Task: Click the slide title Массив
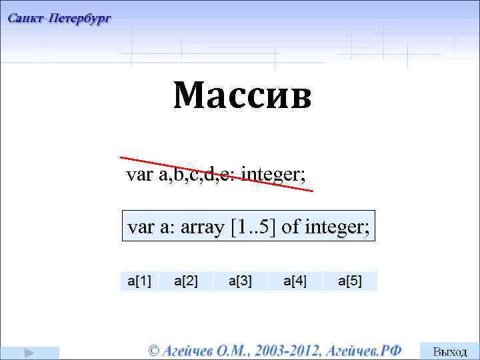[x=243, y=96]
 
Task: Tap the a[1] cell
[x=139, y=281]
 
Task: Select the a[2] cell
[x=186, y=281]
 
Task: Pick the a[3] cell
[x=240, y=281]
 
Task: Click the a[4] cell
[x=295, y=281]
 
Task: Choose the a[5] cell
[x=349, y=281]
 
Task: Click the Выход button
[x=450, y=351]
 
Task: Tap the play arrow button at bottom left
[x=29, y=352]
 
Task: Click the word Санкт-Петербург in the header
[x=59, y=19]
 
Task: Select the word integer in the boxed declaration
[x=337, y=227]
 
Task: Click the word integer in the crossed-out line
[x=273, y=175]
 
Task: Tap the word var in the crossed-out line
[x=139, y=175]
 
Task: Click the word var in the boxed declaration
[x=141, y=227]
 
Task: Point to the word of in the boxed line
[x=291, y=227]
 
